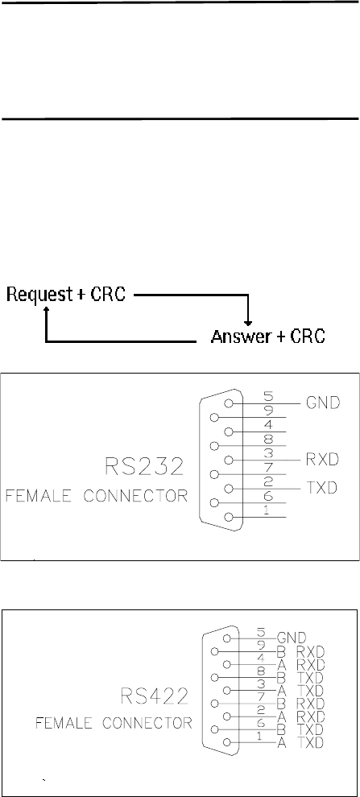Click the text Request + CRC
65,295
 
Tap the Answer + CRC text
268,337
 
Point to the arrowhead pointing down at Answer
247,323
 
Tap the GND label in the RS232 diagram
323,403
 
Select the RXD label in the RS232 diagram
323,460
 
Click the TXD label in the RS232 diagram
323,488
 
